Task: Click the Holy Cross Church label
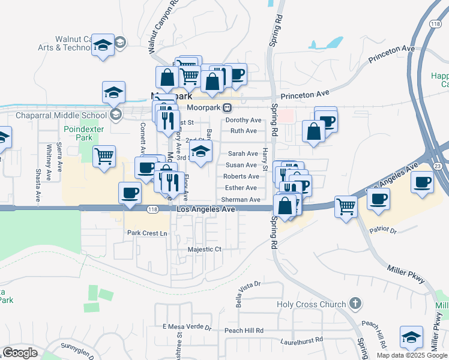tap(312, 304)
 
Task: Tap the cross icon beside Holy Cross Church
tap(355, 304)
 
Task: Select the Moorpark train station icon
tap(228, 108)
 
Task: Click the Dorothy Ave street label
tap(244, 120)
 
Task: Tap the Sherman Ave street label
tap(241, 199)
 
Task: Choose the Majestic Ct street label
tap(205, 249)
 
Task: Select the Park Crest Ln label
tap(146, 233)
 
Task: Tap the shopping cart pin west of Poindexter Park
tap(104, 157)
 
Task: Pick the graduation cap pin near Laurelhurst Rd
tap(411, 338)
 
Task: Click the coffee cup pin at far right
tap(422, 182)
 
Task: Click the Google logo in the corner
tap(20, 353)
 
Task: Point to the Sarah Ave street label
tap(243, 154)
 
